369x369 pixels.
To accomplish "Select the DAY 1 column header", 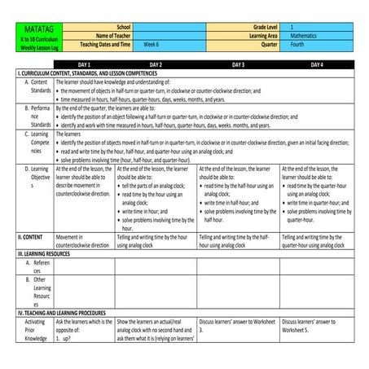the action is tap(84, 64).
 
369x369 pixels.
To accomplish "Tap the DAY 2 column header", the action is tap(156, 64).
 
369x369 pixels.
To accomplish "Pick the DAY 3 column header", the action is tap(239, 64).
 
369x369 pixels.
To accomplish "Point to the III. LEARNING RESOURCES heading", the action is tap(49, 254).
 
